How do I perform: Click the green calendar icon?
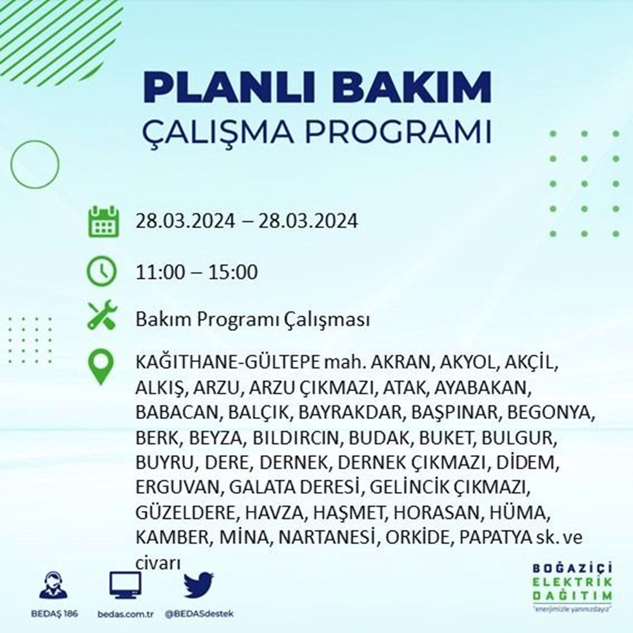(x=102, y=222)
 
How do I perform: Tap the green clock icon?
(x=102, y=272)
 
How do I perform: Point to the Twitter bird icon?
(x=198, y=586)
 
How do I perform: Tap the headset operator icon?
(x=53, y=586)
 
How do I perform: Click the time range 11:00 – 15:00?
(x=196, y=273)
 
